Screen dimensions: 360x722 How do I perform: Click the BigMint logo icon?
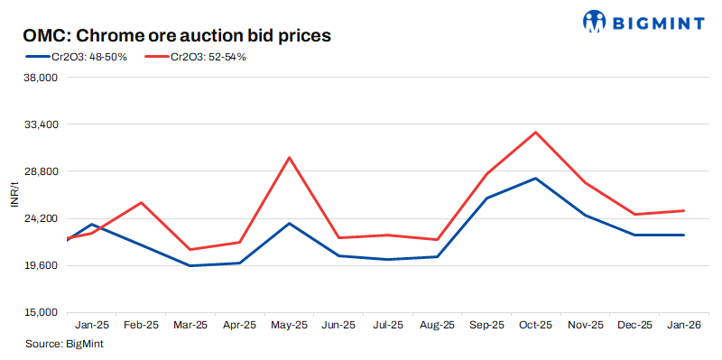597,21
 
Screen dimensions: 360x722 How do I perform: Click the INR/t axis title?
14,195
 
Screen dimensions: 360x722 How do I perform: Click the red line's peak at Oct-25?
536,133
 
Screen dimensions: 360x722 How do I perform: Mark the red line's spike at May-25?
289,158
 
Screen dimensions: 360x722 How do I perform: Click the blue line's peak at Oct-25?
536,178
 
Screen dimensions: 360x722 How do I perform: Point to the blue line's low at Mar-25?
190,265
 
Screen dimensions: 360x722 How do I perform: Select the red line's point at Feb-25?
142,202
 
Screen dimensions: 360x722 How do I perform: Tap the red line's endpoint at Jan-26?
684,211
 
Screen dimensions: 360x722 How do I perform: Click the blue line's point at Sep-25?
486,198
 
